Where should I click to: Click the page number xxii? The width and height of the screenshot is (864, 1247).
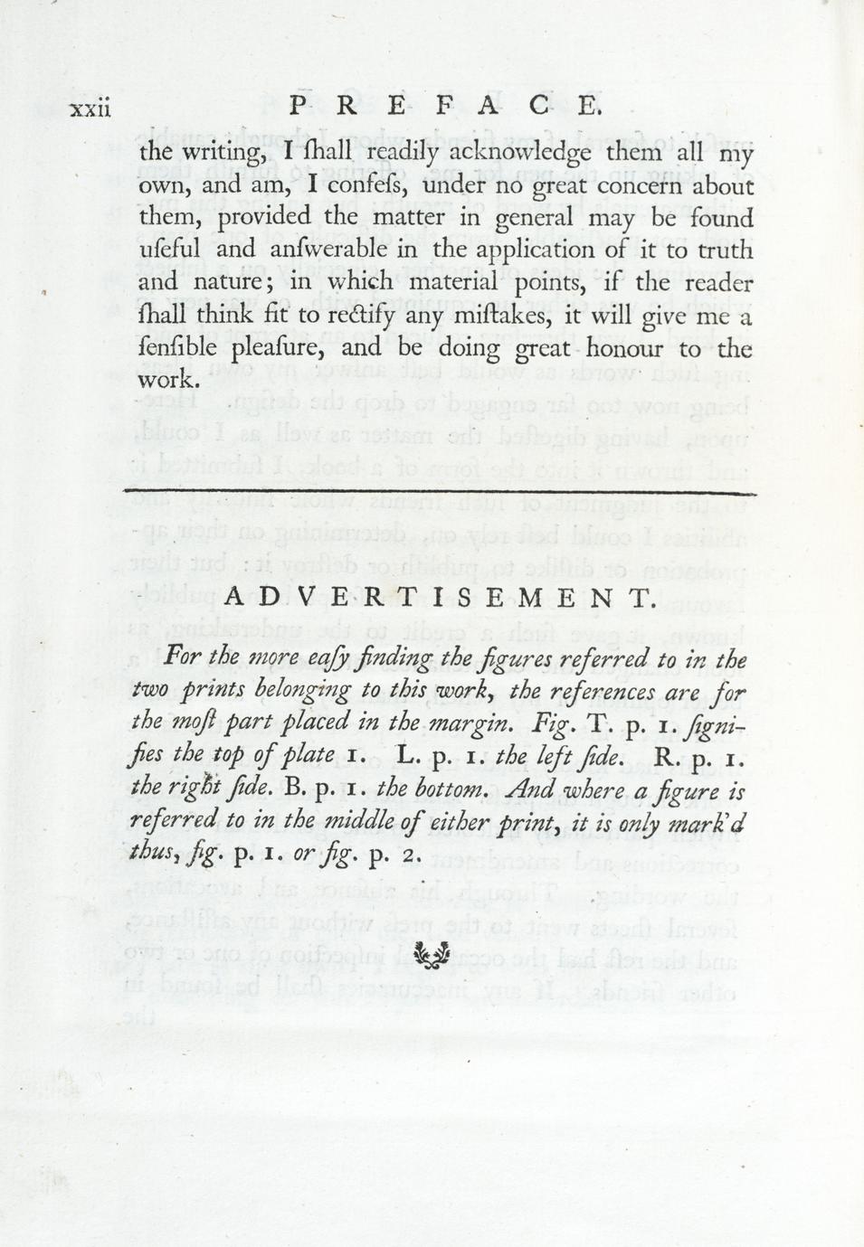pos(90,109)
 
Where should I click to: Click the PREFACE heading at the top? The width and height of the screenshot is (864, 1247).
pos(444,106)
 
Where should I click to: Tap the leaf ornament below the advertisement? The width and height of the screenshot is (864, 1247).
pos(432,954)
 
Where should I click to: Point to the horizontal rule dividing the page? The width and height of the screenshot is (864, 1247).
pos(439,492)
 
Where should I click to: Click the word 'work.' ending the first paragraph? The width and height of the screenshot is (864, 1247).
pos(168,380)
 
